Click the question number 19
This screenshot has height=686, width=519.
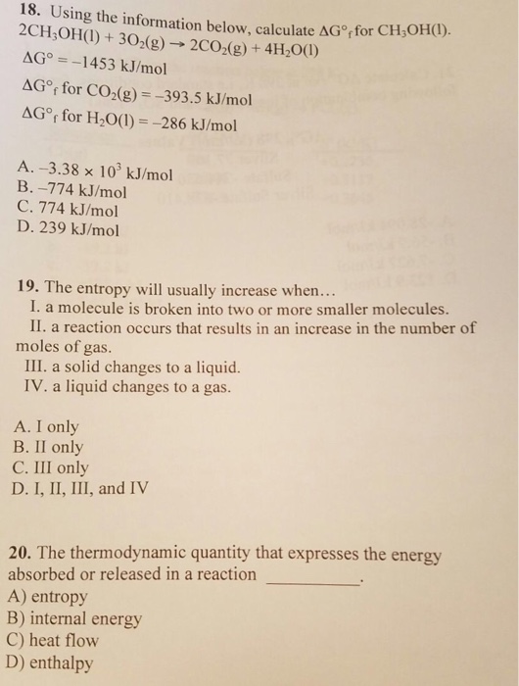click(29, 289)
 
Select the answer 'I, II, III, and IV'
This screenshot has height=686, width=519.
click(83, 487)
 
